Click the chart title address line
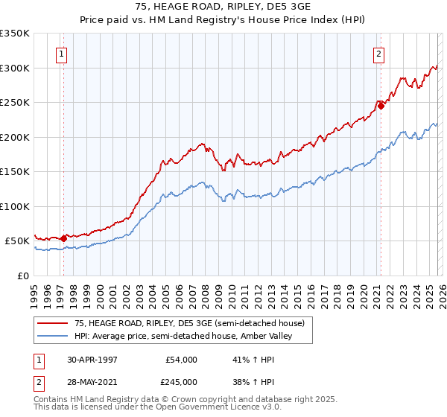click(x=223, y=6)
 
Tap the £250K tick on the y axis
click(x=15, y=103)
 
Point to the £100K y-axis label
click(x=15, y=206)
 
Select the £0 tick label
click(x=23, y=276)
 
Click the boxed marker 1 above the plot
click(x=60, y=54)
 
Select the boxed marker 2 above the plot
click(x=378, y=54)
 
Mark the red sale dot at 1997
click(x=64, y=238)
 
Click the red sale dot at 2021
click(x=381, y=106)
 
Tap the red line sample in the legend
click(x=53, y=324)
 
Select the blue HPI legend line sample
click(x=53, y=337)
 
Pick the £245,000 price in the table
click(x=180, y=381)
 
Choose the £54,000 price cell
click(x=180, y=360)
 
